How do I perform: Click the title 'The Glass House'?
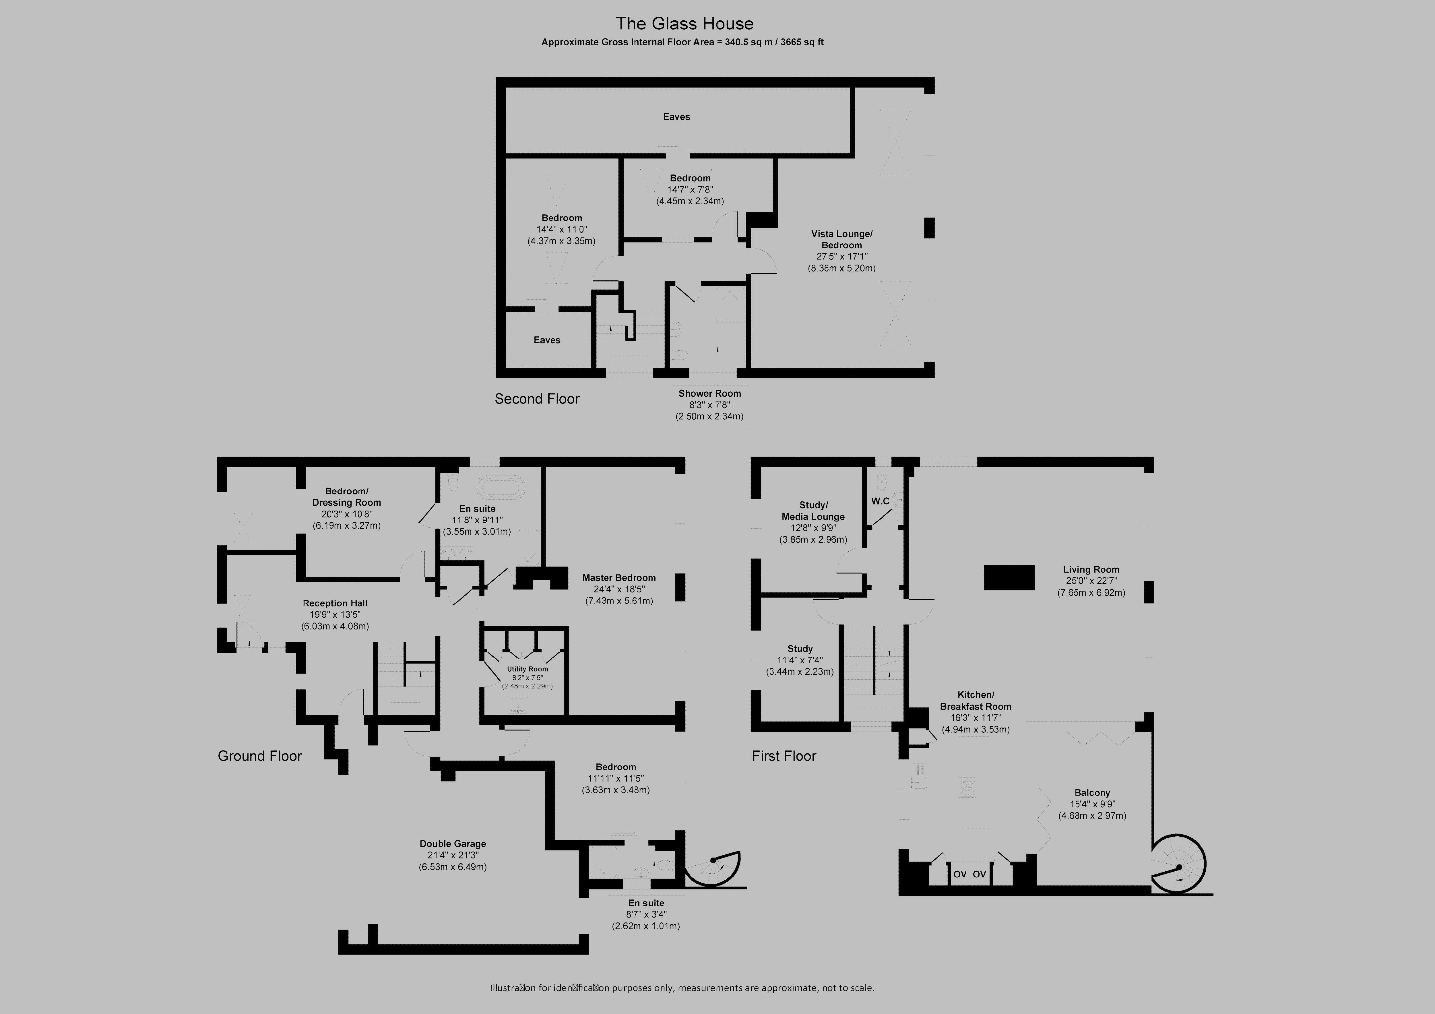(x=684, y=24)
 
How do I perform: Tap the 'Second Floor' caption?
(x=537, y=399)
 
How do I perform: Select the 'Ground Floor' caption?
(x=259, y=756)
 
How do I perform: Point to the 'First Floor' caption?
(x=784, y=756)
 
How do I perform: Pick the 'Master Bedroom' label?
(x=619, y=578)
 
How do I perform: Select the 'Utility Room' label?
(x=528, y=669)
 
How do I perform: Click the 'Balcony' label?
(x=1092, y=793)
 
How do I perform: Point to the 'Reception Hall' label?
(x=335, y=603)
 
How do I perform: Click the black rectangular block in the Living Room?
(x=1009, y=577)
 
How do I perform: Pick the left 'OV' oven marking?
(x=960, y=874)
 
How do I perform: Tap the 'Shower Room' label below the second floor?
(x=709, y=393)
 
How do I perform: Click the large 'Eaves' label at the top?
(x=676, y=117)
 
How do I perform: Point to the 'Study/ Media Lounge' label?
(x=813, y=511)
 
